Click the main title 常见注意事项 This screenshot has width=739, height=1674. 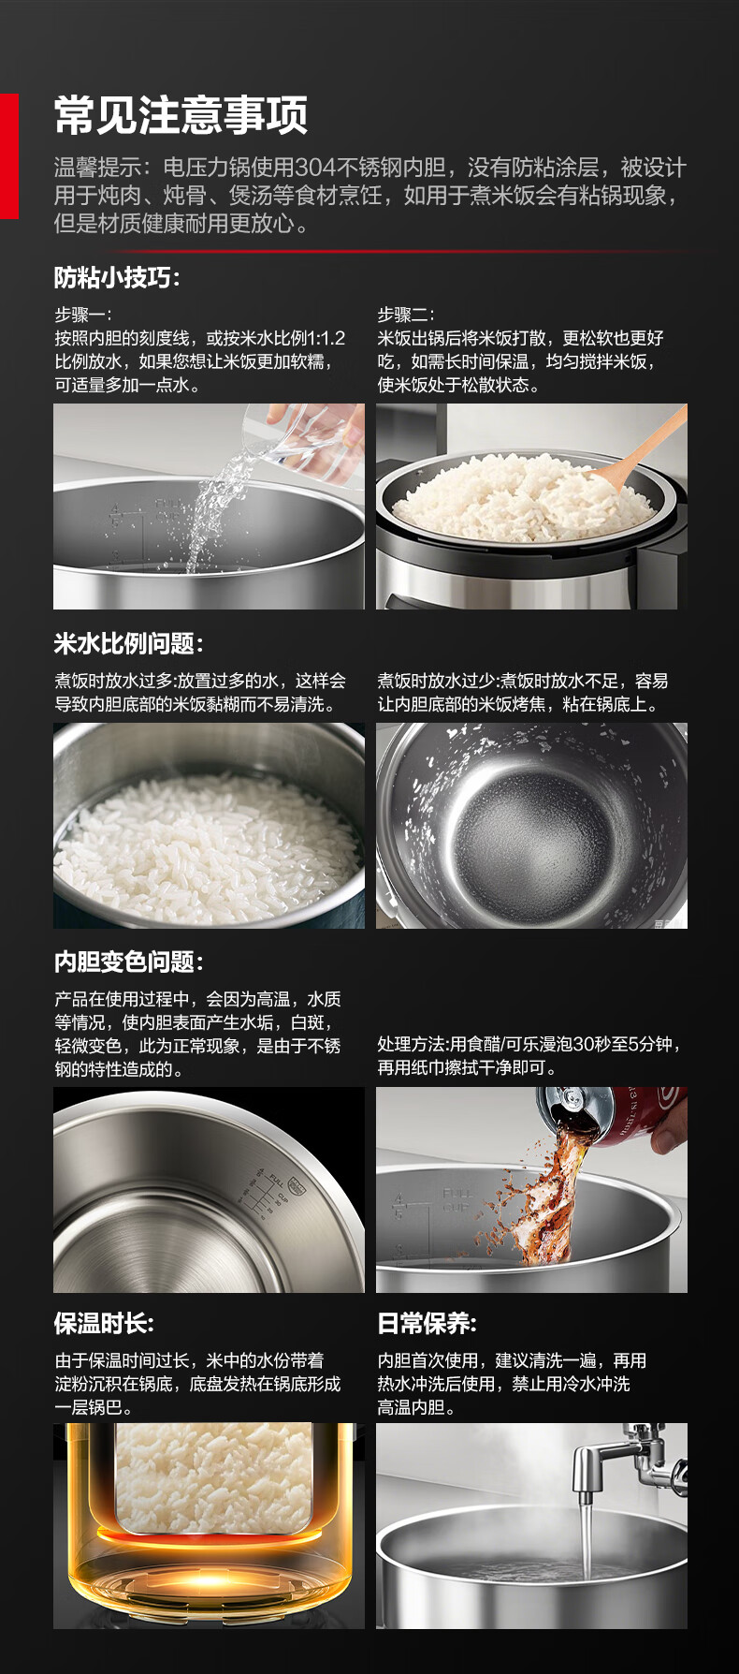[181, 116]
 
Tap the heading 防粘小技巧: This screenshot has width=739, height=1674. [117, 278]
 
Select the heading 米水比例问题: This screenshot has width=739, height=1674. [128, 643]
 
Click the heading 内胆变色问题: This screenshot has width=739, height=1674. [128, 962]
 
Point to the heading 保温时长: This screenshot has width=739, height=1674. [104, 1323]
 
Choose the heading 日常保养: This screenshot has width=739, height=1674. [427, 1323]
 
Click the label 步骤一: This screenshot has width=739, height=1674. [82, 315]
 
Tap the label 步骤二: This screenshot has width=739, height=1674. [405, 315]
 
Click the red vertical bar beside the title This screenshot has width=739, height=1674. [8, 155]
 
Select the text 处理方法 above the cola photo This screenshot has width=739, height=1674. [411, 1044]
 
